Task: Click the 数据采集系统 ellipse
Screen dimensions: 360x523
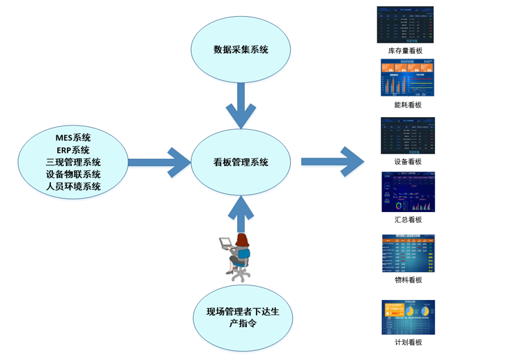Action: (241, 51)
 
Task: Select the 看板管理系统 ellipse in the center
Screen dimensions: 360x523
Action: (241, 162)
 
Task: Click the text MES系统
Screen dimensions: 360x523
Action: (73, 137)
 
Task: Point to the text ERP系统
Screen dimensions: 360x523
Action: (73, 149)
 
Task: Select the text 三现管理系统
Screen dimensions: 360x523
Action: (73, 162)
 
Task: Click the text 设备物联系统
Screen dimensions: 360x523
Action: (73, 174)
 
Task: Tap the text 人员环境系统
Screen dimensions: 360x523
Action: (73, 187)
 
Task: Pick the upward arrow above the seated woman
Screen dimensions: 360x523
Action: (241, 213)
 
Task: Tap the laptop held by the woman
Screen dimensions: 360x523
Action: (226, 243)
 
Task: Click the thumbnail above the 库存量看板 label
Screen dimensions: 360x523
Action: (405, 24)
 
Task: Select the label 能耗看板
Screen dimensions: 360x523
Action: (408, 105)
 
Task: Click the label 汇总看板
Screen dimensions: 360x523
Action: (408, 220)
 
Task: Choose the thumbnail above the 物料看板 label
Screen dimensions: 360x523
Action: (408, 253)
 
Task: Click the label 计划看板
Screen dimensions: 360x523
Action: (408, 343)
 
